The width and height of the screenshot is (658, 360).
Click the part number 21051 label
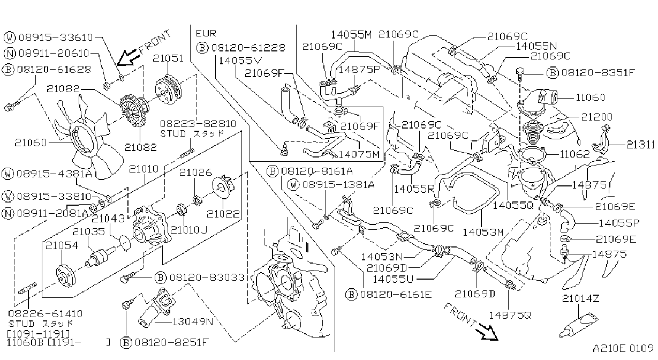[168, 58]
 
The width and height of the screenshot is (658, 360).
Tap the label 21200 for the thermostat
[597, 117]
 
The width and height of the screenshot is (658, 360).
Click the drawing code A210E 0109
[623, 349]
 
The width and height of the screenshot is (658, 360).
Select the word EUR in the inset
[206, 34]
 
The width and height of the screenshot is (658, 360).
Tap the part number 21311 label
[640, 145]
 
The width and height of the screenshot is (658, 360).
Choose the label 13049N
[193, 322]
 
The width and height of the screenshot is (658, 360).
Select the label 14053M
[483, 232]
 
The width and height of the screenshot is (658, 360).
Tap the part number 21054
[62, 245]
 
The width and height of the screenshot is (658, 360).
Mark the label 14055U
[393, 279]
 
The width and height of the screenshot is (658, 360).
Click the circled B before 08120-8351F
[553, 72]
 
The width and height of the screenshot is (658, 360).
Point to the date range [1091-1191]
[39, 334]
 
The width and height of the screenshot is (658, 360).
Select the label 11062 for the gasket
[574, 154]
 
